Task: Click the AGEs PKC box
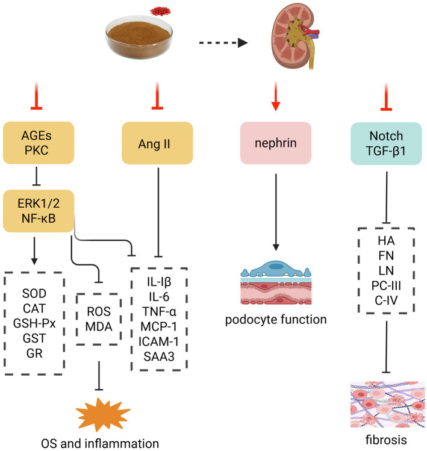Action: [x=39, y=143]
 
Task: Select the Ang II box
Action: [x=157, y=143]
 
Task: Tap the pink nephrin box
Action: [x=276, y=143]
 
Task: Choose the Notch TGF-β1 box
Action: [x=386, y=143]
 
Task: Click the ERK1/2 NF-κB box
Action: [x=39, y=211]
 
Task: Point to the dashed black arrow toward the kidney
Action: [x=223, y=43]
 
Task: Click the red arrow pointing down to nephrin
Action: [x=276, y=96]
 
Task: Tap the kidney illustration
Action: [x=295, y=36]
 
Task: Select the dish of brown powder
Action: [x=139, y=37]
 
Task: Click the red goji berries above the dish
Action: [x=160, y=11]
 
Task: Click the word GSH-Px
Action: [x=34, y=323]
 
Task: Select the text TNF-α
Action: [x=159, y=311]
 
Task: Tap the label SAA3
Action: [x=159, y=356]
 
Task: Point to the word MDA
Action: [x=99, y=327]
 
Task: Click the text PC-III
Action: [x=386, y=285]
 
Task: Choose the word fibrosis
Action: [x=386, y=440]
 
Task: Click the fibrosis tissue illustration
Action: [x=388, y=405]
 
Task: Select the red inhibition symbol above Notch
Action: [x=386, y=96]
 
